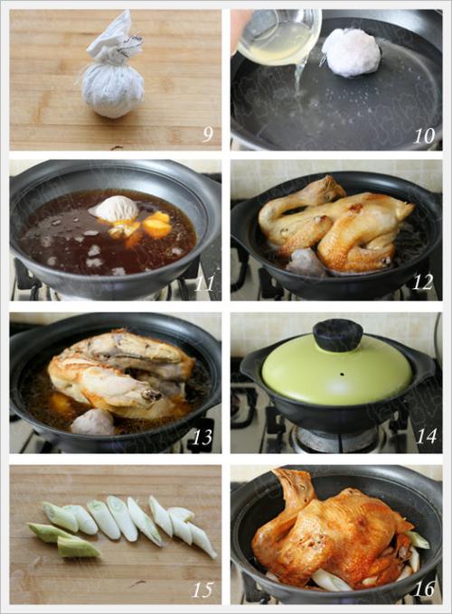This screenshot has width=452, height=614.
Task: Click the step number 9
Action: click(x=207, y=135)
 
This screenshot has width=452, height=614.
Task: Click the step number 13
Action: click(x=204, y=438)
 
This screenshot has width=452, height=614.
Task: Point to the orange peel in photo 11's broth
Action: click(x=155, y=226)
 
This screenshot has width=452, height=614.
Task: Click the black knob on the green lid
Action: click(x=337, y=335)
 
